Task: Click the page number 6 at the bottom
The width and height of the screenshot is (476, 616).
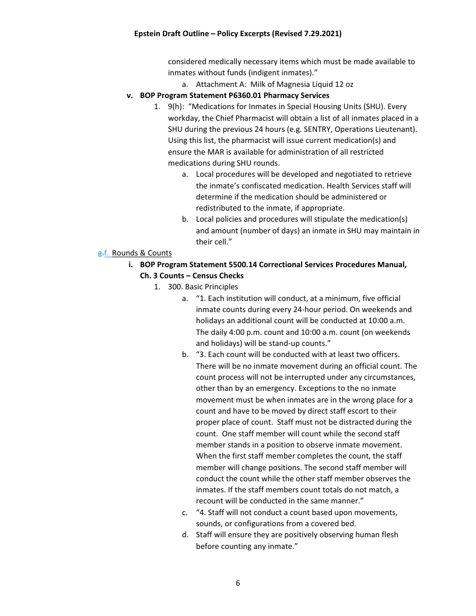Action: click(238, 583)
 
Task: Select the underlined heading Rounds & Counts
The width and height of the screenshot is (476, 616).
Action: click(142, 253)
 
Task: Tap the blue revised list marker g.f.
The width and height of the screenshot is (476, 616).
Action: click(104, 253)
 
